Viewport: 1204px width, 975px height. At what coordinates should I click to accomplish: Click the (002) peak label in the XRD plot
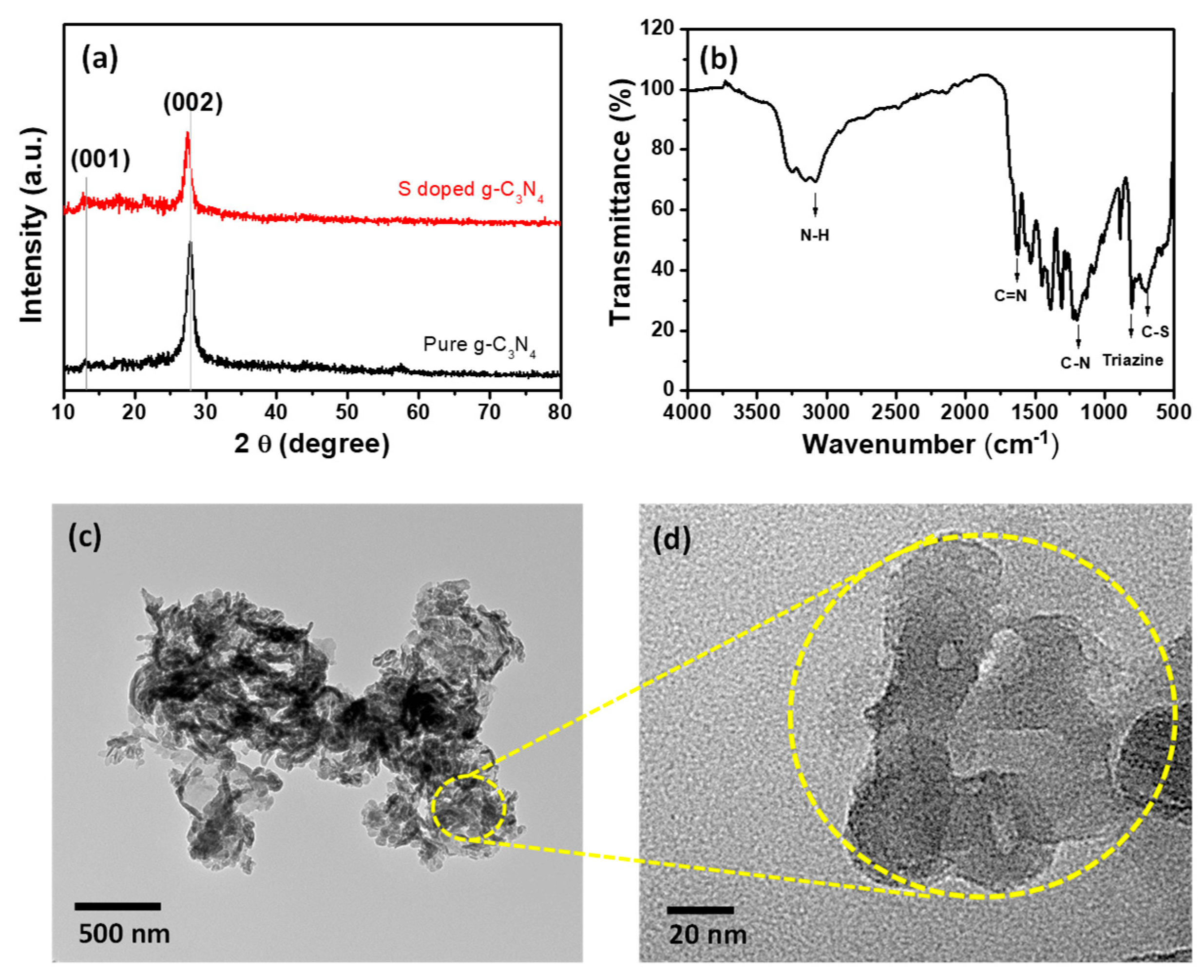192,103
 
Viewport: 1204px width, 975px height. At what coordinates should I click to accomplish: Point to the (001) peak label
100,160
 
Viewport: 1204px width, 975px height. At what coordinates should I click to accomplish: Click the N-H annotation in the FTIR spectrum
815,235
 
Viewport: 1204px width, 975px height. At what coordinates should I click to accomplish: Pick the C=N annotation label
1011,295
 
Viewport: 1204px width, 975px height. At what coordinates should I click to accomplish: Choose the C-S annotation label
1155,332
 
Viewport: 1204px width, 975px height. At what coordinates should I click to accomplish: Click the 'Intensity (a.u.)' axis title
32,225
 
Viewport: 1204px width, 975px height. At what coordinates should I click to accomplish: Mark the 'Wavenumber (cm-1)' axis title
930,444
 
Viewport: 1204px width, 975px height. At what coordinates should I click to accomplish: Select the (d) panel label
672,539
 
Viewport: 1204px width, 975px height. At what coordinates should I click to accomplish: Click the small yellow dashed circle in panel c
469,808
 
